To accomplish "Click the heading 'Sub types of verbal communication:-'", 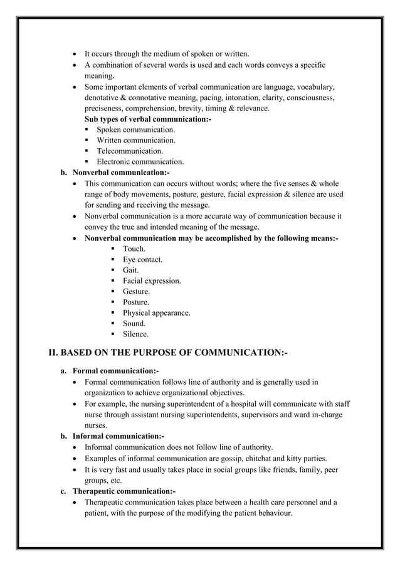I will [147, 119].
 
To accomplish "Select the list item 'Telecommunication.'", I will [129, 151].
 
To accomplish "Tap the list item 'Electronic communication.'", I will [140, 162].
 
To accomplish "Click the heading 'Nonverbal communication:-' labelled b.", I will [121, 173].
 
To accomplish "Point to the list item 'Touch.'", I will [134, 248].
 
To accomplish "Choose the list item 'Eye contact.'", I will [142, 259].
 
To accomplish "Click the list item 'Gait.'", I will [130, 270].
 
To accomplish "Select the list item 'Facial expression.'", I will [152, 280].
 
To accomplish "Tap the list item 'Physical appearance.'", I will [156, 312].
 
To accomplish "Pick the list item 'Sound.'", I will [134, 323].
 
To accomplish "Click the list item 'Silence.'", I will [135, 334].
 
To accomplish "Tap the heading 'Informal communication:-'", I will [118, 435].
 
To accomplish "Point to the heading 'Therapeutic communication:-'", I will [124, 491].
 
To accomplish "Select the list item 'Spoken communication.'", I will [135, 130].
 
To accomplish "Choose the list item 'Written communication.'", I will [135, 141].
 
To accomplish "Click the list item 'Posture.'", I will [135, 302].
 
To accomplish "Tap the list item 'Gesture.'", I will [136, 291].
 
